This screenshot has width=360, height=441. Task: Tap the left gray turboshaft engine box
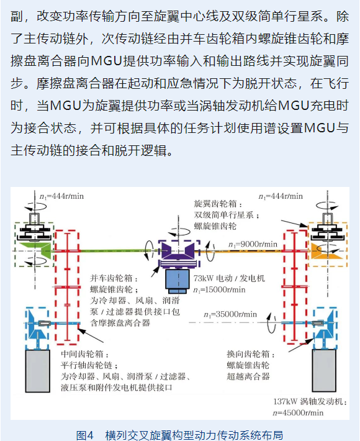[38, 371]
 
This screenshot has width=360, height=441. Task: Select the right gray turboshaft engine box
[324, 370]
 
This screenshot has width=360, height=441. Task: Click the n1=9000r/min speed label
[253, 244]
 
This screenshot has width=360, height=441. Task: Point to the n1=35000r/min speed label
[230, 314]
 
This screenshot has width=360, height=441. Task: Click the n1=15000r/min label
[219, 289]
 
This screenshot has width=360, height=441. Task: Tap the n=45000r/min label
[298, 412]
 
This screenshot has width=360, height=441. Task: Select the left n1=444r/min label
[61, 196]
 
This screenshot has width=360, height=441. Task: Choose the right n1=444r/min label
[281, 196]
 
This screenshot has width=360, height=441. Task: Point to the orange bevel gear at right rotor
[326, 251]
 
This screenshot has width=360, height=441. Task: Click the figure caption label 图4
[84, 435]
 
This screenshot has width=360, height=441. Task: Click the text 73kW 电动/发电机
[229, 278]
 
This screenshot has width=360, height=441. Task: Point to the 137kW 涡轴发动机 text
[310, 401]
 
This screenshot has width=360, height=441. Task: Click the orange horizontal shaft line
[241, 251]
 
